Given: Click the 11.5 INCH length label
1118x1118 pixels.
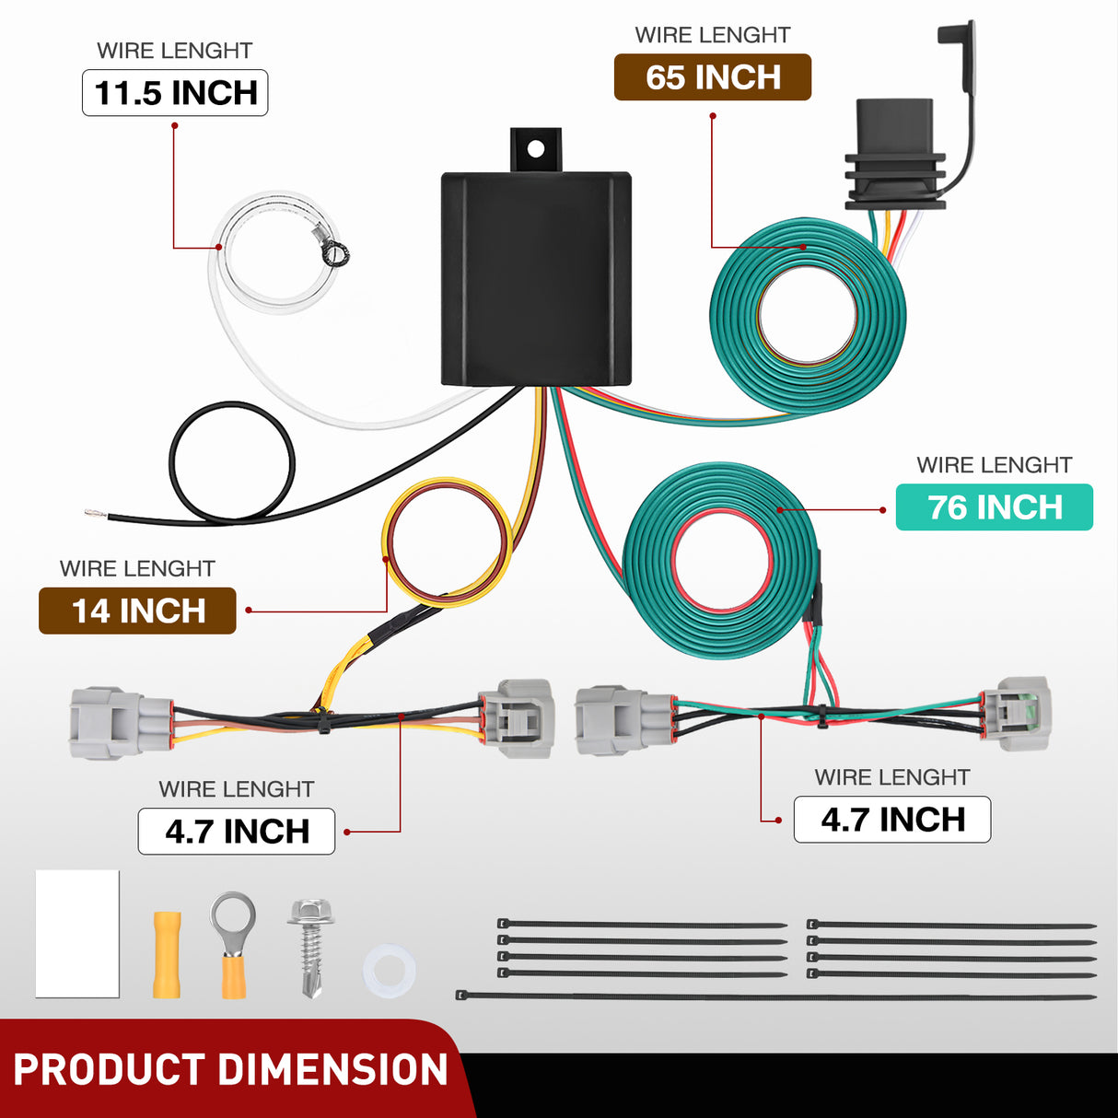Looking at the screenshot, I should tap(175, 93).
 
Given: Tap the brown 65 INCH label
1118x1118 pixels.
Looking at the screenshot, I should tap(712, 77).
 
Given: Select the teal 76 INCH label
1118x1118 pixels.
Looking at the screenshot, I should tap(994, 507).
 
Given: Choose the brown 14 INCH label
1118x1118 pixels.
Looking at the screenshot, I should tap(137, 611).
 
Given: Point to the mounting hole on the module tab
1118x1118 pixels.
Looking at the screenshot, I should tap(535, 147).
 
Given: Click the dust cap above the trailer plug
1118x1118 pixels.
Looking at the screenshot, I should tap(955, 35).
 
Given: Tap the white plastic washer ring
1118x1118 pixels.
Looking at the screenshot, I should tap(389, 972).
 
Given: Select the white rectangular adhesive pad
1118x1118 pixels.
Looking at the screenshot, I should tap(77, 933).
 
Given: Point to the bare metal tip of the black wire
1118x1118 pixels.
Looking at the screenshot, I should tap(95, 514).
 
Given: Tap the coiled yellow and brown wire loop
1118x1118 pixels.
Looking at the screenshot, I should tap(447, 542).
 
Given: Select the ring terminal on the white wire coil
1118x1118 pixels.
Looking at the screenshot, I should tap(333, 250).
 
